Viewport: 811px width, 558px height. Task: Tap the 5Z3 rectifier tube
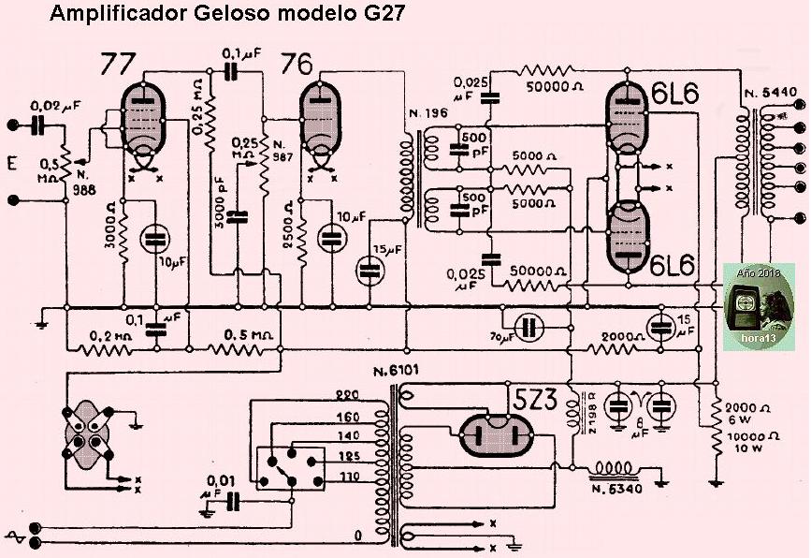[495, 436]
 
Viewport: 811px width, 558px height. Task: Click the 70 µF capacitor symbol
[530, 327]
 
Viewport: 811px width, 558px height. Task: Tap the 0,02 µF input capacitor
[41, 125]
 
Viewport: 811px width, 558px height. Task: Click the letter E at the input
[12, 165]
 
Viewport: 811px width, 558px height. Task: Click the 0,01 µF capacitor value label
[217, 487]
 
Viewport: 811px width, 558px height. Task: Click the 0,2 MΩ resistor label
[107, 335]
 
